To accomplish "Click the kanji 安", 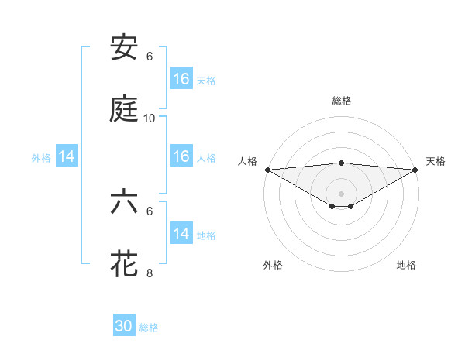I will click(x=125, y=47).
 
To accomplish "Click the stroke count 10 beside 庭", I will click(x=150, y=118).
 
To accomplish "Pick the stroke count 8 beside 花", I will click(x=150, y=273).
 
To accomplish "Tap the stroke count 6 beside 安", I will click(x=150, y=57).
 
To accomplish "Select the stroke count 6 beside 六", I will click(x=150, y=211).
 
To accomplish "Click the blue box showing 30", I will click(x=124, y=327).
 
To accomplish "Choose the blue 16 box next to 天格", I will click(x=181, y=79).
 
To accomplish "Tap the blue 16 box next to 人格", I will click(x=181, y=156).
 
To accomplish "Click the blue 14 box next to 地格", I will click(x=181, y=234).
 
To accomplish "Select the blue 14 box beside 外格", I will click(x=67, y=156).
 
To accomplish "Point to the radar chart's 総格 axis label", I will click(x=342, y=101).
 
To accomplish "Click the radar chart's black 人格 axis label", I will click(x=248, y=161).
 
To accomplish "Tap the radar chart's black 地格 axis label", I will click(x=406, y=266).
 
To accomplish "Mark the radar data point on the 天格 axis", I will click(x=416, y=169).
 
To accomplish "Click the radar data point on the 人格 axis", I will click(x=267, y=169).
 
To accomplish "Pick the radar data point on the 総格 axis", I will click(x=342, y=163).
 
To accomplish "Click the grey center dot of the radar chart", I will click(x=342, y=193).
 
